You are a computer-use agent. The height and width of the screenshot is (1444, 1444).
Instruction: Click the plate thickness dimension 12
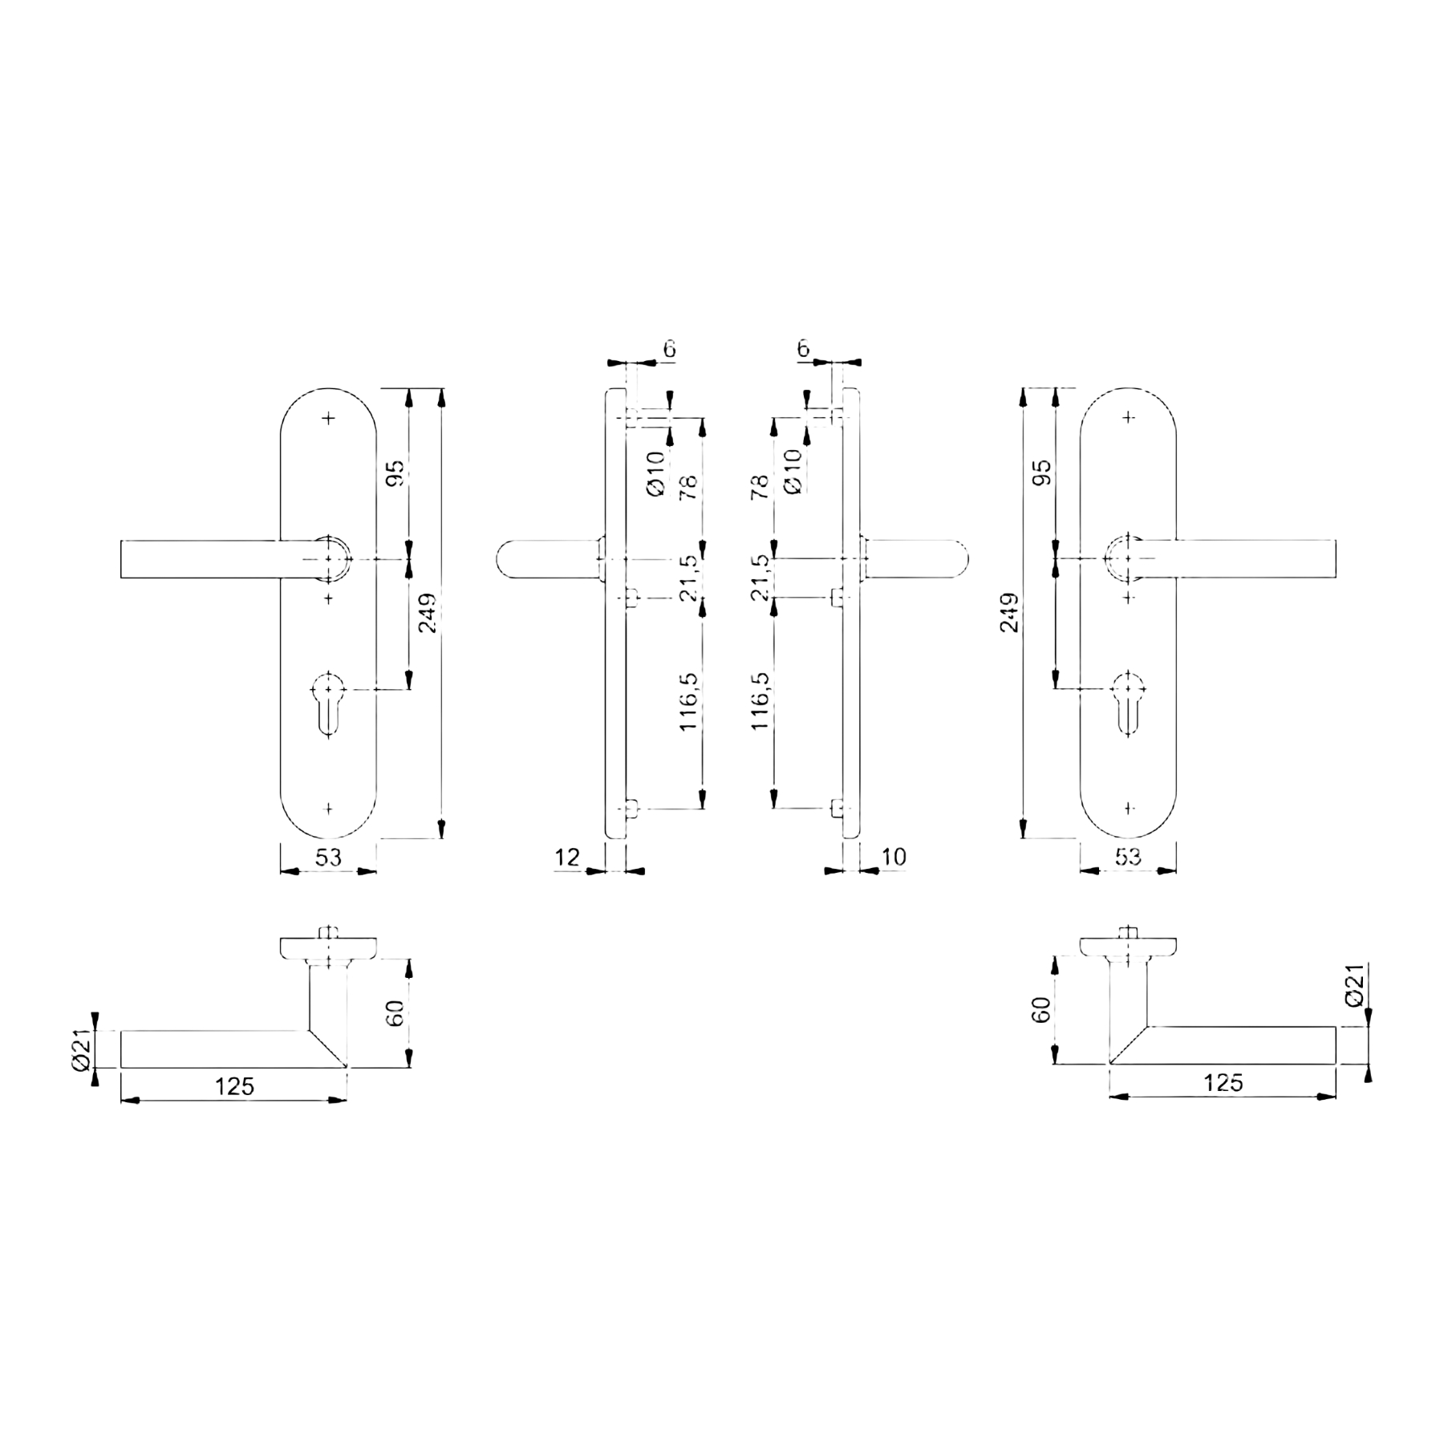pos(567,857)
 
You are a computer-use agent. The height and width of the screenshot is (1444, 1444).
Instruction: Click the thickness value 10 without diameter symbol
pos(894,857)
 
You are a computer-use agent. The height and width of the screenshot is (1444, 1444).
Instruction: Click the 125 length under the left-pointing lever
pos(234,1087)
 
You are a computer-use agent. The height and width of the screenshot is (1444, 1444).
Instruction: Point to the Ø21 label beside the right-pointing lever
pos(1353,985)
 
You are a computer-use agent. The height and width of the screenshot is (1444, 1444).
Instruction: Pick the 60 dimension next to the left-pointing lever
pos(395,1013)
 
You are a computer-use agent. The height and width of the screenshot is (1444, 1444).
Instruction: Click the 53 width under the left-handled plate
pos(328,858)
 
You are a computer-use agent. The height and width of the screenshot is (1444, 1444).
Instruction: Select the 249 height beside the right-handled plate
pos(1010,613)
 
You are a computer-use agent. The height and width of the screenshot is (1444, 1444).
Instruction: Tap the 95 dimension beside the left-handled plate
pos(396,473)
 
